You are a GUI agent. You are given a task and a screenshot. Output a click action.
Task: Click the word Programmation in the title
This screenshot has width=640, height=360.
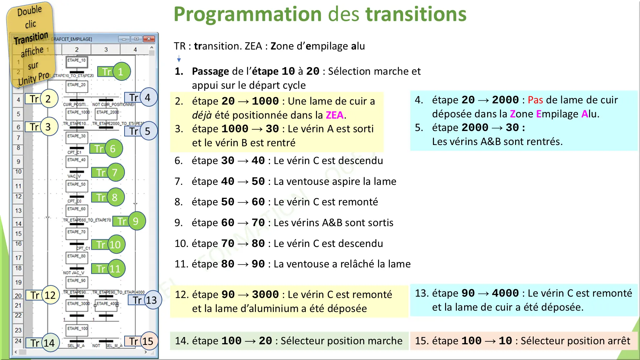(x=248, y=14)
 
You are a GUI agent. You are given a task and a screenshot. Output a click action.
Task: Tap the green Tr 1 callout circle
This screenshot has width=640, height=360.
(x=121, y=72)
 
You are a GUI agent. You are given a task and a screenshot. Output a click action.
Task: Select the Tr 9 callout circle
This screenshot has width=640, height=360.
(x=135, y=221)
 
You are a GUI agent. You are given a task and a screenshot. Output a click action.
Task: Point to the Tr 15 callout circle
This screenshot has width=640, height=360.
(x=148, y=341)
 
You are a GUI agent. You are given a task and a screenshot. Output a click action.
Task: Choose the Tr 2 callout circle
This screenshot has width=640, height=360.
(x=48, y=99)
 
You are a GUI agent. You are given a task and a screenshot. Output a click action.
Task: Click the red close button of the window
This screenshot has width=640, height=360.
(x=149, y=39)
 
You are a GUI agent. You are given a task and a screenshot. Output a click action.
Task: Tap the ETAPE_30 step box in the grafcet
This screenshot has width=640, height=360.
(x=76, y=136)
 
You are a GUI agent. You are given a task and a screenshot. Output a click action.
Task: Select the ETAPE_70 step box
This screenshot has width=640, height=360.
(x=76, y=232)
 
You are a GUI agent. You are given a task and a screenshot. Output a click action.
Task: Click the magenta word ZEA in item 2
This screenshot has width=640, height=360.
(x=335, y=115)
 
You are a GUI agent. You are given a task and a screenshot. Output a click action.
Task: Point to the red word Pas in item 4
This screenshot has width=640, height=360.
(x=535, y=100)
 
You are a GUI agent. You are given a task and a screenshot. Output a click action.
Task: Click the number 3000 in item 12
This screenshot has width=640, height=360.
(x=265, y=295)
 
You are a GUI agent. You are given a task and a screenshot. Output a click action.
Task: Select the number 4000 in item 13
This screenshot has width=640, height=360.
(x=505, y=293)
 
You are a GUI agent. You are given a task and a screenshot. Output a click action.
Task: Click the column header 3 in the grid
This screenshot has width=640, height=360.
(x=106, y=50)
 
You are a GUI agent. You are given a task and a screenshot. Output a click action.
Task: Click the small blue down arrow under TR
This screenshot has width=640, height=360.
(x=179, y=59)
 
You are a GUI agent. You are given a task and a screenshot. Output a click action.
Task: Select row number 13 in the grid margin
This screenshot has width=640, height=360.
(x=18, y=211)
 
